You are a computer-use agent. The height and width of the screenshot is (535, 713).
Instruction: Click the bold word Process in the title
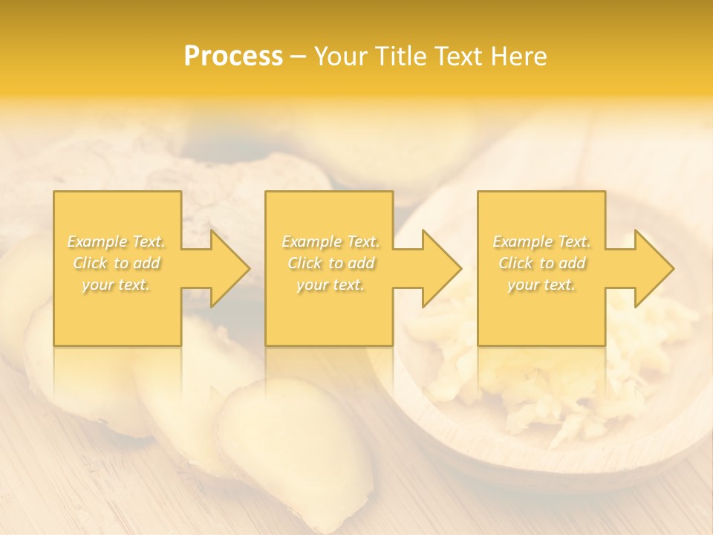pyautogui.click(x=233, y=56)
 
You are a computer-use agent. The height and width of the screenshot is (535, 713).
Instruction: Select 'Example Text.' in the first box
pyautogui.click(x=117, y=241)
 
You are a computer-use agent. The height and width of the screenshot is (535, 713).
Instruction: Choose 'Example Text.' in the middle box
pyautogui.click(x=331, y=241)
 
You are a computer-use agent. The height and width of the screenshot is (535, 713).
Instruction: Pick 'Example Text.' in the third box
pyautogui.click(x=541, y=241)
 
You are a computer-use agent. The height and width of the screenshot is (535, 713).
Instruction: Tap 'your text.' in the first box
pyautogui.click(x=117, y=285)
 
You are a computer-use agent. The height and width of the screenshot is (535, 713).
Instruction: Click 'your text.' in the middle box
pyautogui.click(x=331, y=285)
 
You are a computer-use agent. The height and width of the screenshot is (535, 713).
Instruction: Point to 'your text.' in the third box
pyautogui.click(x=541, y=285)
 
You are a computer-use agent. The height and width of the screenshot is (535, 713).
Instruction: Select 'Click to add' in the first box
pyautogui.click(x=117, y=263)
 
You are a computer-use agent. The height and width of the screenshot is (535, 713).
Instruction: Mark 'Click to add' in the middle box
pyautogui.click(x=331, y=263)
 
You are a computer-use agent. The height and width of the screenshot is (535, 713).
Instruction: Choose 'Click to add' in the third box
pyautogui.click(x=541, y=263)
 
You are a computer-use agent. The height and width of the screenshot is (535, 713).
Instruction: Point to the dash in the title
pyautogui.click(x=299, y=56)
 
